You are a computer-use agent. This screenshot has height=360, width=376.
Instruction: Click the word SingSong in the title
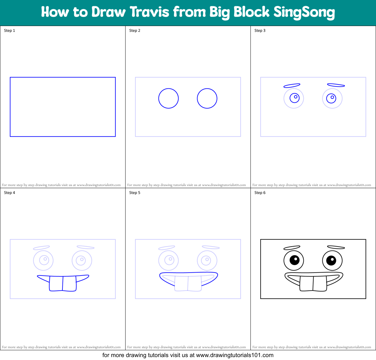tap(304, 12)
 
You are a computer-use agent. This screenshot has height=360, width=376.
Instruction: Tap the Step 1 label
tap(9, 31)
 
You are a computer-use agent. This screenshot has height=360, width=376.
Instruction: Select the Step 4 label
tap(9, 193)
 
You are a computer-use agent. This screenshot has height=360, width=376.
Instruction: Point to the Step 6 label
tap(260, 193)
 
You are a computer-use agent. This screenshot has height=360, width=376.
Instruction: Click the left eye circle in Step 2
tap(168, 98)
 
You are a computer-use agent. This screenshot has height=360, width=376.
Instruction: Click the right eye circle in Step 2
tap(207, 98)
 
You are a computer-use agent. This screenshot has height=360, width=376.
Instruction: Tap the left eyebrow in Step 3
tap(292, 86)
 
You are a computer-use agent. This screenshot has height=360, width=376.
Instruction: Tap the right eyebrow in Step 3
tap(336, 85)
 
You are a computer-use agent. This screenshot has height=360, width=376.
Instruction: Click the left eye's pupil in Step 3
tap(295, 97)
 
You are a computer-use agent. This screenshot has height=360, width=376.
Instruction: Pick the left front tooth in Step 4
tap(56, 283)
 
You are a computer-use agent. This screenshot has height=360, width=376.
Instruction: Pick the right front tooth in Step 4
tap(70, 283)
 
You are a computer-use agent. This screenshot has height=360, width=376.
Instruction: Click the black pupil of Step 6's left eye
tap(294, 260)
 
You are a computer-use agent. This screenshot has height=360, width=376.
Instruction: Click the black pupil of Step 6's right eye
tap(331, 260)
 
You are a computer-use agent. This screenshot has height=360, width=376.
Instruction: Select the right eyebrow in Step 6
tap(336, 247)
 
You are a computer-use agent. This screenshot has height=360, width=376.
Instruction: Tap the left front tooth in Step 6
tap(306, 283)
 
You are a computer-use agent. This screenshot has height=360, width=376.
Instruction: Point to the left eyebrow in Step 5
tap(167, 248)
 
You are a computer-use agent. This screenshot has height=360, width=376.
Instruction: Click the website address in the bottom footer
tap(235, 355)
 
